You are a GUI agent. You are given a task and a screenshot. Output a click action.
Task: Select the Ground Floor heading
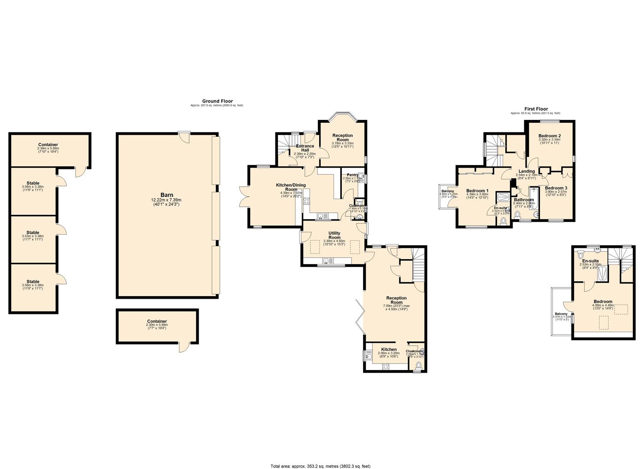[217, 101]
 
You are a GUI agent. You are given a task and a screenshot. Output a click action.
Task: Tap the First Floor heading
[536, 109]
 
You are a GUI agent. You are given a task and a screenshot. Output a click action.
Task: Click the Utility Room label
[334, 235]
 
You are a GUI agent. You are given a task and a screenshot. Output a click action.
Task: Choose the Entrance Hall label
[305, 148]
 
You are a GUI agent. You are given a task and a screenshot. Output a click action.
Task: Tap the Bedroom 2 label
[549, 136]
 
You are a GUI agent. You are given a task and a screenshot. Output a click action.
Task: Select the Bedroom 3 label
[556, 188]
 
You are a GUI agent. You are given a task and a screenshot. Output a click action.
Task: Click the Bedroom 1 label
[477, 191]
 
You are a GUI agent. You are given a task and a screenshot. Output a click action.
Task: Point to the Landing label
[527, 171]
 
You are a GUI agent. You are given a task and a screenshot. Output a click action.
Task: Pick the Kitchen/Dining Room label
[291, 187]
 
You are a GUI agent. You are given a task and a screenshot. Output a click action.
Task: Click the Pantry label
[352, 175]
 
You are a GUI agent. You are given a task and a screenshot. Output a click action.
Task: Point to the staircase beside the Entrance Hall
[284, 143]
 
